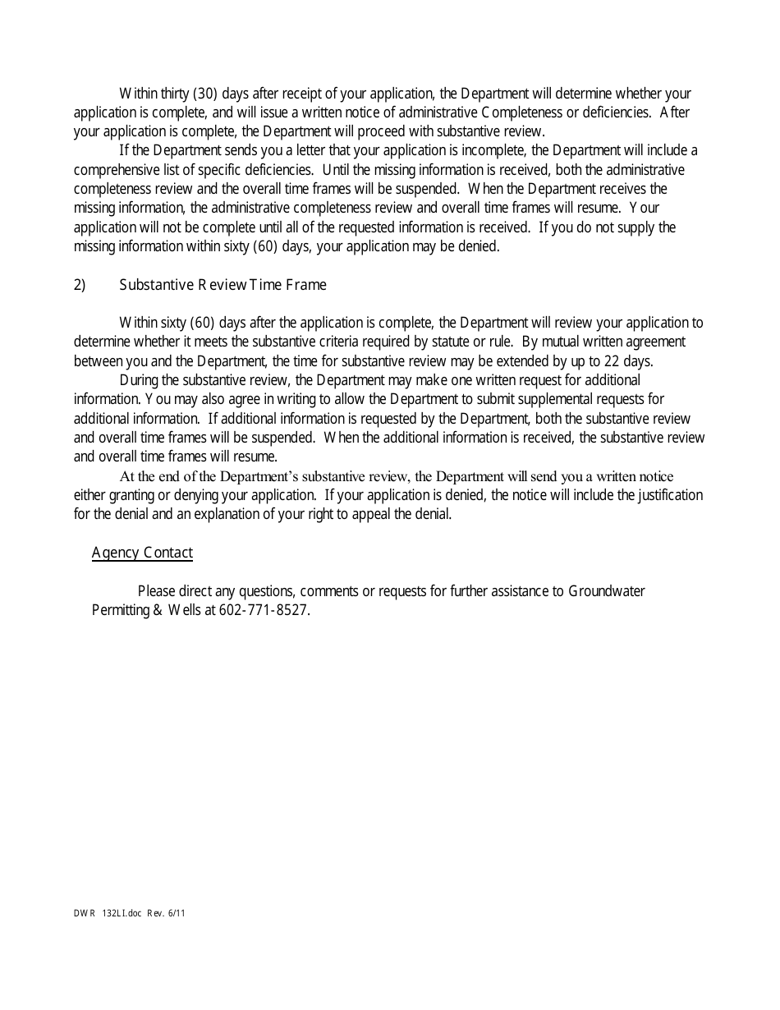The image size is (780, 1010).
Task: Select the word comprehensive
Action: (114, 170)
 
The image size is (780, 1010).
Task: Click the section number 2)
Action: (80, 285)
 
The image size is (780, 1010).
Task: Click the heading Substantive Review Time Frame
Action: (223, 285)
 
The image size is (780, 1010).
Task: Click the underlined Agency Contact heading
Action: (142, 553)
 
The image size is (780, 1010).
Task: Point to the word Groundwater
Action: (607, 591)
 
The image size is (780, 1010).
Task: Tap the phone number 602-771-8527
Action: (264, 610)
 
